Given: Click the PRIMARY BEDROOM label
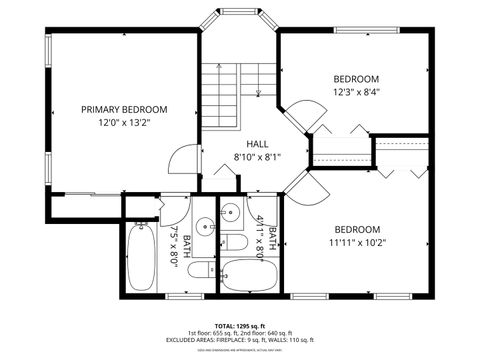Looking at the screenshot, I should [124, 109].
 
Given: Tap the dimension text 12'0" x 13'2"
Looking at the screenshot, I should [124, 123].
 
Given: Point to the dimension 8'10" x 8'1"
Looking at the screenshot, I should [257, 157].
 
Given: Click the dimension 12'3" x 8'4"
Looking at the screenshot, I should [355, 92].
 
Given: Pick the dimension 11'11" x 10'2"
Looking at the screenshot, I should [356, 242].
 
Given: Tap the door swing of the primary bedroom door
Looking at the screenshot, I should [179, 157].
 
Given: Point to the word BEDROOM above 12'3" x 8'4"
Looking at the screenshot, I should [355, 79].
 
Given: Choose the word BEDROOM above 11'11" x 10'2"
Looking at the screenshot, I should [356, 228].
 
